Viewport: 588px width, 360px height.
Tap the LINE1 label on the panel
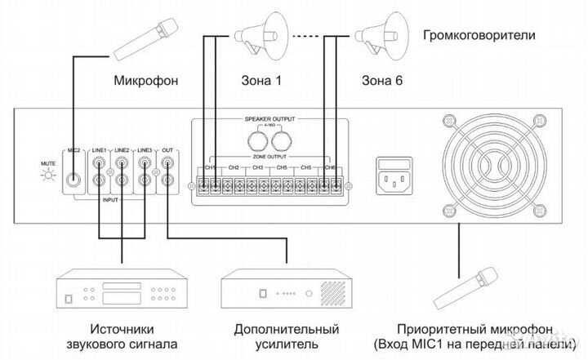pyautogui.click(x=99, y=151)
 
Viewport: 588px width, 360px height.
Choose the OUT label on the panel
pyautogui.click(x=167, y=151)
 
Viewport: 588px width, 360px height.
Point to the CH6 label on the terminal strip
pyautogui.click(x=330, y=168)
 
